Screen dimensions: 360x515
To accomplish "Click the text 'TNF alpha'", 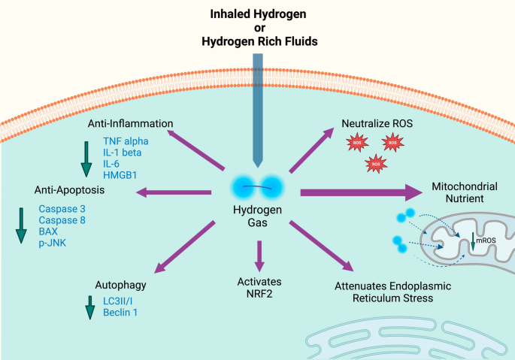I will (126, 141).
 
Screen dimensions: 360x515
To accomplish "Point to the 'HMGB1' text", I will (119, 174).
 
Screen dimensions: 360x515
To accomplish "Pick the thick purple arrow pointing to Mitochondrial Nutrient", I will (361, 192).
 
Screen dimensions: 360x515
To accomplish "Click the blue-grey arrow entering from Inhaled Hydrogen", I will (257, 113).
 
